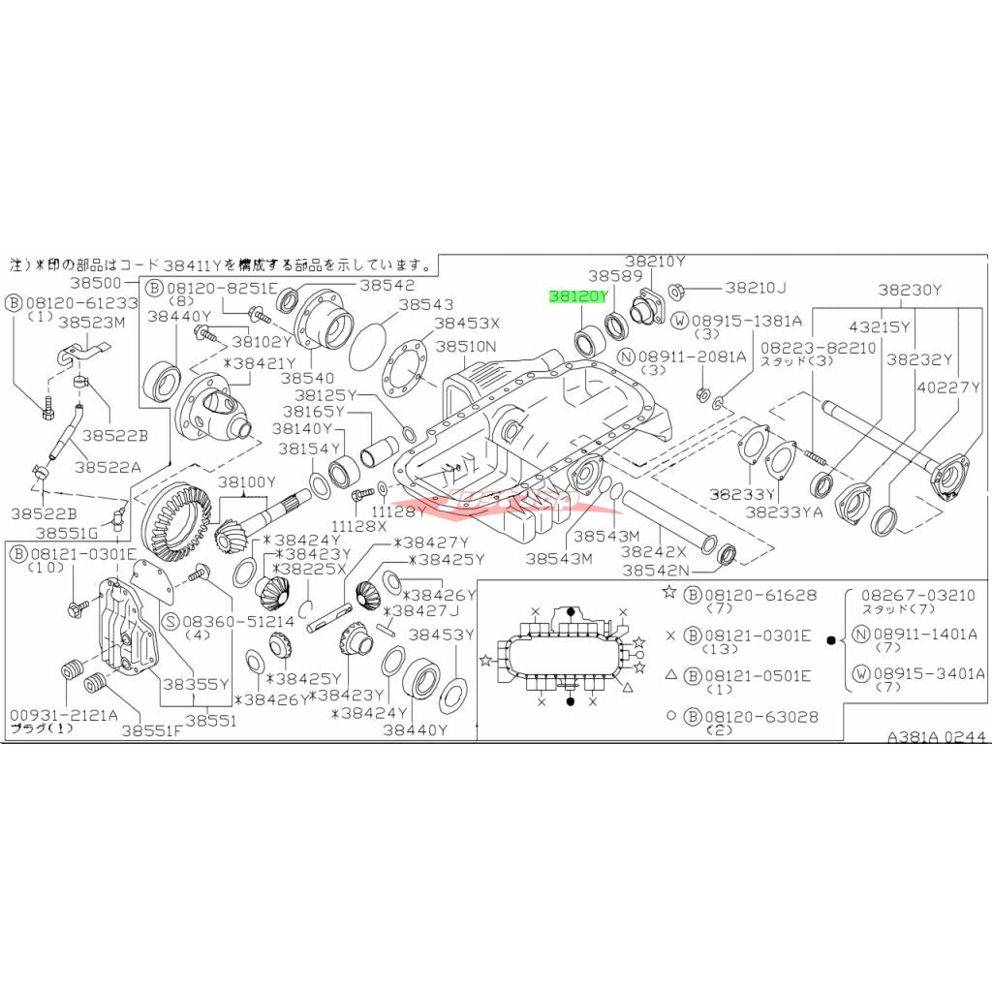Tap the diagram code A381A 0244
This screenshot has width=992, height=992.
(938, 736)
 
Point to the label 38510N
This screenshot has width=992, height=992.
(465, 346)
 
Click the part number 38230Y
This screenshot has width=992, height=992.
(911, 289)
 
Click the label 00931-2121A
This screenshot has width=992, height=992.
(63, 715)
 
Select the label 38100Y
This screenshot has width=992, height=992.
(246, 482)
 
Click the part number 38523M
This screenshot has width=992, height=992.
(92, 321)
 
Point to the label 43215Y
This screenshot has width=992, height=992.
(881, 327)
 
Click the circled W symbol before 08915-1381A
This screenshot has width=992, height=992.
(681, 321)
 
